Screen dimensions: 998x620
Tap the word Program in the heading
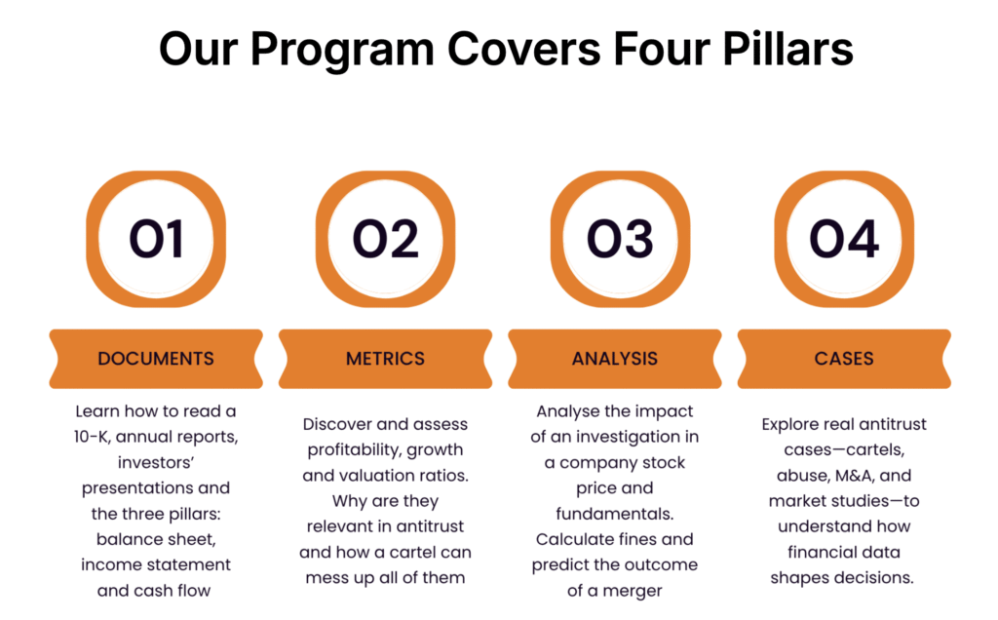(x=342, y=51)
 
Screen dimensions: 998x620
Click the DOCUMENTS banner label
(x=156, y=359)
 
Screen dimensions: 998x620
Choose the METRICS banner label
(x=385, y=359)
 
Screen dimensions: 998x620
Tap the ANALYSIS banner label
(x=615, y=359)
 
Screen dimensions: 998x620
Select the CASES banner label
(x=844, y=359)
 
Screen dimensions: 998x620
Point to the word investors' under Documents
(x=156, y=463)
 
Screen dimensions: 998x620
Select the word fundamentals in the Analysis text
(x=615, y=514)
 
